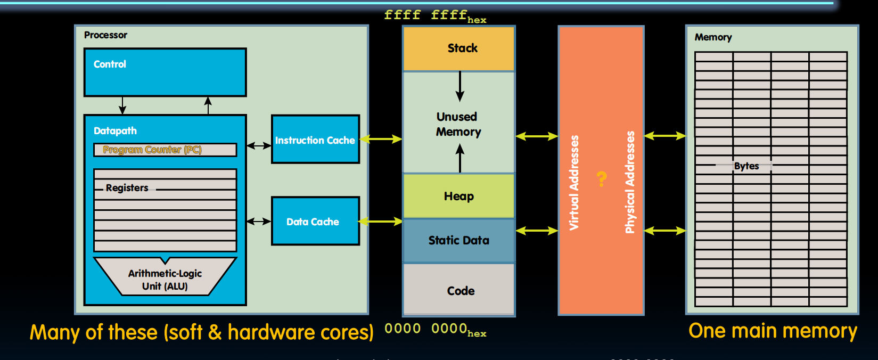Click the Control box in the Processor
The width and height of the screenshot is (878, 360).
165,72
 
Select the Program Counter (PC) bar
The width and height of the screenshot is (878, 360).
165,150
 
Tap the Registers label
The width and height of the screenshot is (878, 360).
127,188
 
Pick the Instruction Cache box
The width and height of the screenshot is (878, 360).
315,140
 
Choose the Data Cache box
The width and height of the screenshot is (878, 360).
315,222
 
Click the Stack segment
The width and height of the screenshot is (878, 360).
459,48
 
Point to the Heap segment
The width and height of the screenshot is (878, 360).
459,196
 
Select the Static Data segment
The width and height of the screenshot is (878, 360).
459,241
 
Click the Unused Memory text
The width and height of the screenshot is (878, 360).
458,124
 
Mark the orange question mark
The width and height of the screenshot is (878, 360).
602,178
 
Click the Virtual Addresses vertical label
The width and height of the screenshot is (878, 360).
574,182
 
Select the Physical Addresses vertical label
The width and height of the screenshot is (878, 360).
630,182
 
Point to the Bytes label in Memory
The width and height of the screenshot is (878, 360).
746,166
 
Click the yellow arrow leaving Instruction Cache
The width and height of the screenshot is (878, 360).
381,139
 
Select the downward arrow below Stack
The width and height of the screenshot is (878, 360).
460,86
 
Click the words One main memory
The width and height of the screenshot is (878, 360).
773,331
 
